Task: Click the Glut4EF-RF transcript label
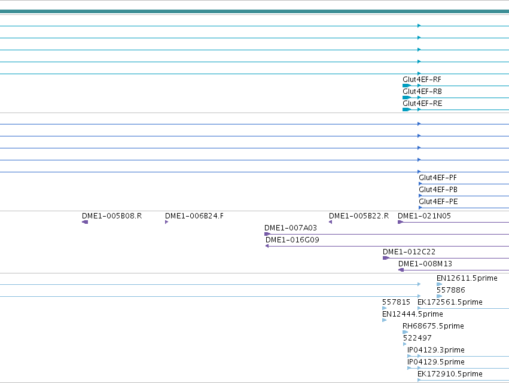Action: pos(422,80)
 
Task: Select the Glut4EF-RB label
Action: pos(422,92)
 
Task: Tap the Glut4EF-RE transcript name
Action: pos(422,104)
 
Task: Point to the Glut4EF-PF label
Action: pos(438,178)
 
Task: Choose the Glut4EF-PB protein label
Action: pos(438,190)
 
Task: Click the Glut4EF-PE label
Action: pos(438,202)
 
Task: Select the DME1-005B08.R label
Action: pos(112,216)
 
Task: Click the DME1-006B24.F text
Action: pos(194,216)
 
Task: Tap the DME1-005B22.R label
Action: pos(359,216)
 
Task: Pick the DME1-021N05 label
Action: pos(424,216)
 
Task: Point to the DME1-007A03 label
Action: pos(291,228)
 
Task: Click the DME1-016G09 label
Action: pos(292,240)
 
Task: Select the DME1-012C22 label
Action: pos(409,252)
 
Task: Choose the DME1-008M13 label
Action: pos(425,264)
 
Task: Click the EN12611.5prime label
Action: pos(467,278)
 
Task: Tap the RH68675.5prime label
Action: pos(433,326)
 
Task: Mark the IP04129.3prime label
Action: pos(435,350)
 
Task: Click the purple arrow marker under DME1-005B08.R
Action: pos(85,222)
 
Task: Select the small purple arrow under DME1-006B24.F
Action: pos(166,222)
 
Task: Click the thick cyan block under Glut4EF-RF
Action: pos(406,86)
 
